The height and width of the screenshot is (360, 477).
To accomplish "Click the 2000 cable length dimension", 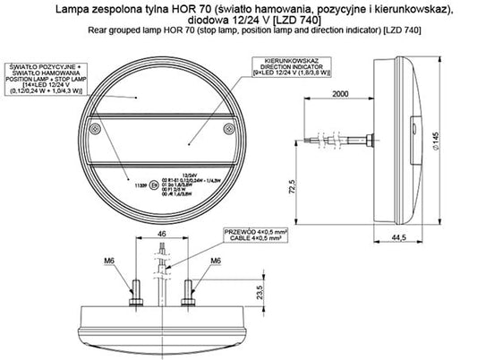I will point(337,94).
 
